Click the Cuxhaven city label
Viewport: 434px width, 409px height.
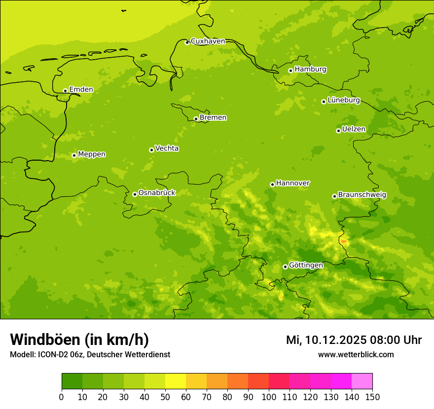[208, 41]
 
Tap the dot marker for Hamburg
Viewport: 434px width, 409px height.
[291, 70]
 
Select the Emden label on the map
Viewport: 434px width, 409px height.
[81, 90]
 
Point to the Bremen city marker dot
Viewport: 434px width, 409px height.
[196, 119]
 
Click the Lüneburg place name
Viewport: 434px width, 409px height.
[344, 100]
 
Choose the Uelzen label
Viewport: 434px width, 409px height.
[354, 129]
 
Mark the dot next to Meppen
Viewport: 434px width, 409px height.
[74, 155]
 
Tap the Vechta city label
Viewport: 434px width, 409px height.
[167, 148]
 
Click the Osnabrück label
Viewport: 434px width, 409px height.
[157, 193]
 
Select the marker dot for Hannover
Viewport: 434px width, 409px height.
[272, 184]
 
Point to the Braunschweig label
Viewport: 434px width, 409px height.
[362, 195]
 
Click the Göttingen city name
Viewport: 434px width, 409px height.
[306, 265]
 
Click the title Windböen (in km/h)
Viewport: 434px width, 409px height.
[79, 340]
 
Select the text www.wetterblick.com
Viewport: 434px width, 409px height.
[356, 354]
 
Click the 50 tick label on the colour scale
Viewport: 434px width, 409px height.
[165, 397]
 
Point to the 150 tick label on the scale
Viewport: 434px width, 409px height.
[372, 397]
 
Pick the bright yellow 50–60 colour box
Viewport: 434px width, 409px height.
[176, 381]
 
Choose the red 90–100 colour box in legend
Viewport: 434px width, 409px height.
[258, 381]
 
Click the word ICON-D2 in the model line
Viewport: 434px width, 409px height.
[52, 355]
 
